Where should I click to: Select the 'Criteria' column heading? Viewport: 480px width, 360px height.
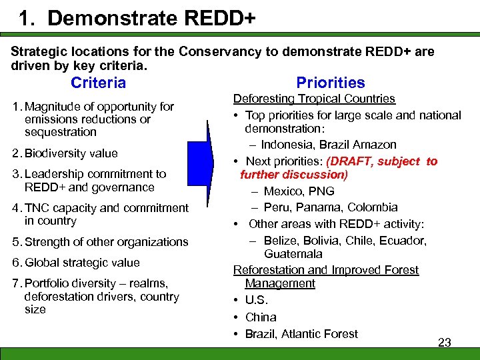pos(98,83)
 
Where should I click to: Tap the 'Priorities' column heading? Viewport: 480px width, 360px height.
pos(331,83)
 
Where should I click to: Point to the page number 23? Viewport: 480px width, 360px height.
pos(444,343)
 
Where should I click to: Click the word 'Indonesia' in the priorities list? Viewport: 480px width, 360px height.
pos(289,145)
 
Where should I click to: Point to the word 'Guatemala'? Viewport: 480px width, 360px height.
pos(293,254)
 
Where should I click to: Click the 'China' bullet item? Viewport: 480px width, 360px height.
pos(260,317)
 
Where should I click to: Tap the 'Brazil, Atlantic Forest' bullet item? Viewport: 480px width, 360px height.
pos(301,334)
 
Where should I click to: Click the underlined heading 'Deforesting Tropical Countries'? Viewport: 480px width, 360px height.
pos(314,99)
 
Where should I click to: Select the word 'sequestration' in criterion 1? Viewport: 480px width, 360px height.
pos(61,132)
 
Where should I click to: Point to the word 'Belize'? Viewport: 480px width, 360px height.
pos(280,241)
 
